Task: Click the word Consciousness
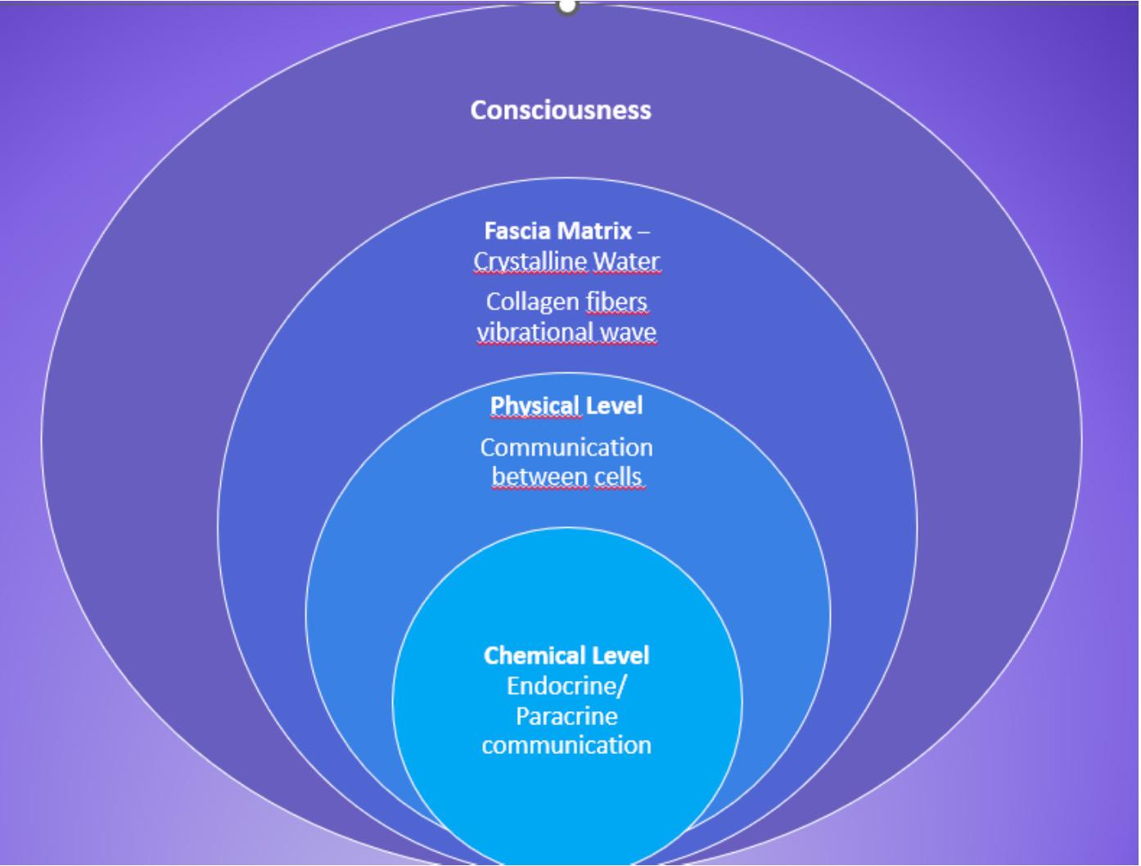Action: [561, 110]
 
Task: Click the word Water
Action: [626, 261]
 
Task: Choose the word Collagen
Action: [532, 301]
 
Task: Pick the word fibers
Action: [616, 301]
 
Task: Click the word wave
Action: [628, 332]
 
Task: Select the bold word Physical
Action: [534, 405]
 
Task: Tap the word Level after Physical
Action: [614, 405]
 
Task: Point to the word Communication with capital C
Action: [566, 447]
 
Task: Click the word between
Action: [540, 476]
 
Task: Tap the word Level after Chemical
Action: [621, 655]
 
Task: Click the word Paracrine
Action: [566, 715]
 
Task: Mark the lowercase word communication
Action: [566, 745]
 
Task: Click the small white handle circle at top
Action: [567, 6]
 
